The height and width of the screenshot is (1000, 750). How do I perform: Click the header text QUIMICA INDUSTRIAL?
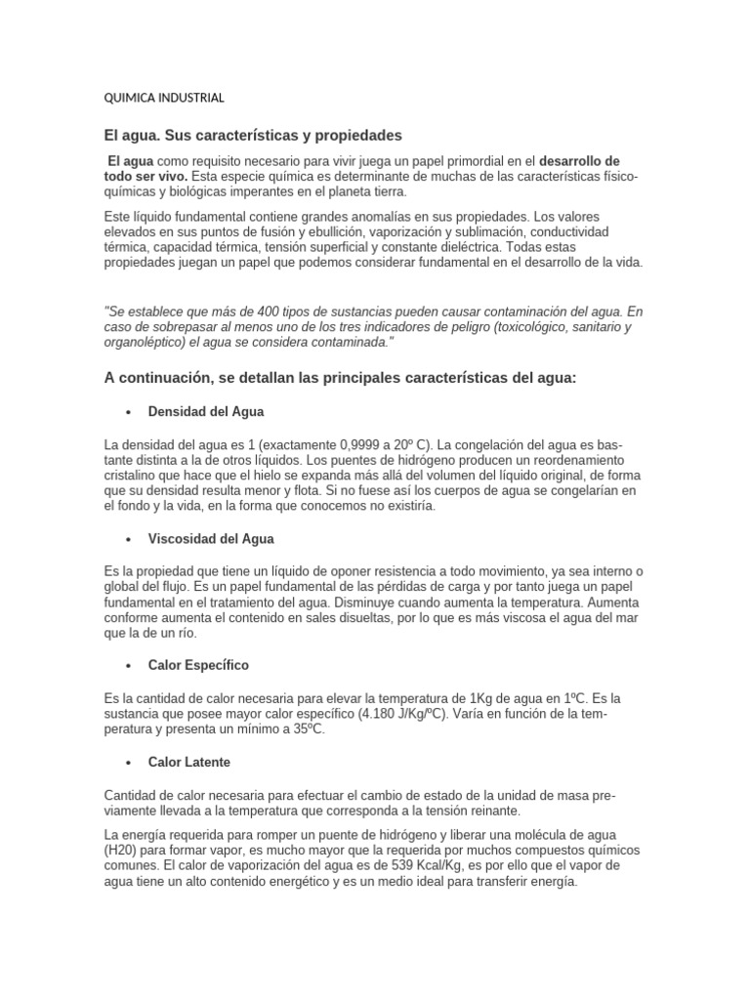click(164, 98)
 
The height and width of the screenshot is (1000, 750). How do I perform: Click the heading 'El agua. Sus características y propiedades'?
click(253, 134)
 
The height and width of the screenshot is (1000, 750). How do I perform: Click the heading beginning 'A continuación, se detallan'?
click(341, 378)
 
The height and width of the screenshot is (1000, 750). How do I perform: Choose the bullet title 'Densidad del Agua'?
click(206, 412)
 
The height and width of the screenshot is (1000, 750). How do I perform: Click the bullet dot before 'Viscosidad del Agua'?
click(128, 539)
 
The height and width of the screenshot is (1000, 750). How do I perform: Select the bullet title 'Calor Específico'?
click(198, 665)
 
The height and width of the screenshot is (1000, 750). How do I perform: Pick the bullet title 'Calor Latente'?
click(189, 761)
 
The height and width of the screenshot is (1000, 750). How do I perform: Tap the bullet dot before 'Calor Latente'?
click(128, 762)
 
